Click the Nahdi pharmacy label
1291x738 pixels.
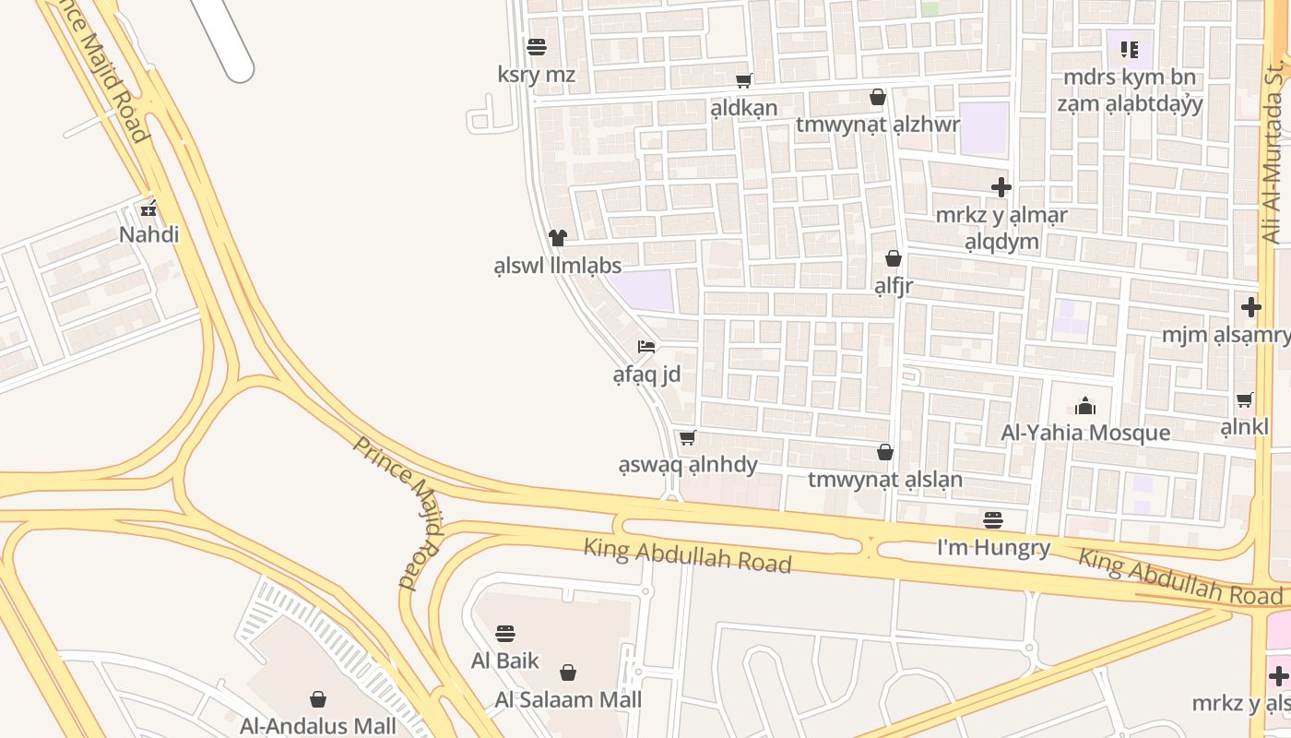(x=148, y=234)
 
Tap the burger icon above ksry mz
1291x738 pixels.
(x=537, y=47)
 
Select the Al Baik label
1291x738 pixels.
(x=504, y=661)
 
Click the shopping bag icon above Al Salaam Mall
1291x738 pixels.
(x=568, y=673)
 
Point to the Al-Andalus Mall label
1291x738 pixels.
(x=318, y=726)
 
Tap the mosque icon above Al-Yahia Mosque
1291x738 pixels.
(x=1085, y=406)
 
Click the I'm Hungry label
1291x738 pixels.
(x=993, y=548)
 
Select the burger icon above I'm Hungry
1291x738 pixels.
(x=993, y=520)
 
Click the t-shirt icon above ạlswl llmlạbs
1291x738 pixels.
(x=557, y=238)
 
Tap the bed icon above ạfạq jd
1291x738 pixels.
(x=646, y=348)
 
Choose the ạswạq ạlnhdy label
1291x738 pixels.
(x=687, y=465)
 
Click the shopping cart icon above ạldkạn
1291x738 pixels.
(x=743, y=81)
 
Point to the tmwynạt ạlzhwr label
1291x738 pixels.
(x=877, y=125)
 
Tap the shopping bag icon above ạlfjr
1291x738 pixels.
(x=893, y=258)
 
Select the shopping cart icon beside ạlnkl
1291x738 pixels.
(x=1245, y=400)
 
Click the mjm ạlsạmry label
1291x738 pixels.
(x=1226, y=335)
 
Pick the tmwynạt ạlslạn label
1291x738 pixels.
(x=884, y=480)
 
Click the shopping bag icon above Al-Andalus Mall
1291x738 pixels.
(x=318, y=699)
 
